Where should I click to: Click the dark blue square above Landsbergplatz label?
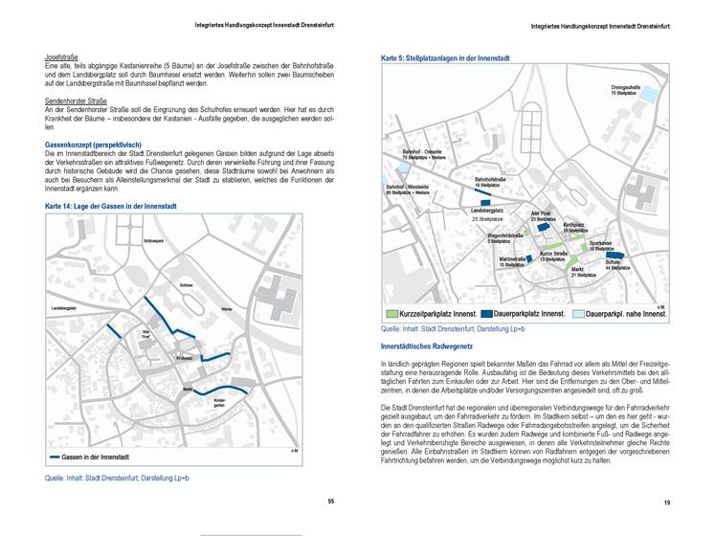tap(488, 202)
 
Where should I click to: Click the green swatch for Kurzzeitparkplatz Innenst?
tap(392, 314)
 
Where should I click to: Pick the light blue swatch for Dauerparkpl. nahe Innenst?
tap(580, 314)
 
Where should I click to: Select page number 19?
tap(666, 502)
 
